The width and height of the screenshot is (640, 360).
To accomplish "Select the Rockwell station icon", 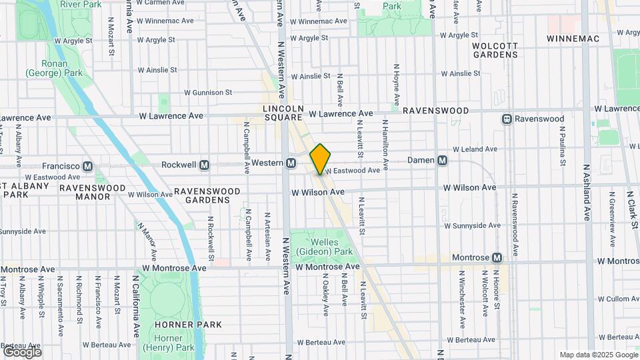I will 205,165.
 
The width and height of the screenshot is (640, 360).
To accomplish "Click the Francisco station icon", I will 87,166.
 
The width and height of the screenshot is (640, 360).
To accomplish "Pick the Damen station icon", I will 443,161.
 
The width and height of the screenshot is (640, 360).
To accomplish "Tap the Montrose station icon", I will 497,257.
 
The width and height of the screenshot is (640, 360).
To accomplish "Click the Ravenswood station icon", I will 507,119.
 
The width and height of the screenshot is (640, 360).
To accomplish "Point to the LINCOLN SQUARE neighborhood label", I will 283,112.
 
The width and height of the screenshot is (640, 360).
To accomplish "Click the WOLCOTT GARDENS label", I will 477,50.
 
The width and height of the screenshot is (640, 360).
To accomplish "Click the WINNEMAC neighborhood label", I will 573,39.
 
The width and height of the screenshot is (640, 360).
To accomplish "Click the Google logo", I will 22,351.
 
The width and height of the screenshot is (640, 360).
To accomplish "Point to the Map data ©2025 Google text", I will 597,355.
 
